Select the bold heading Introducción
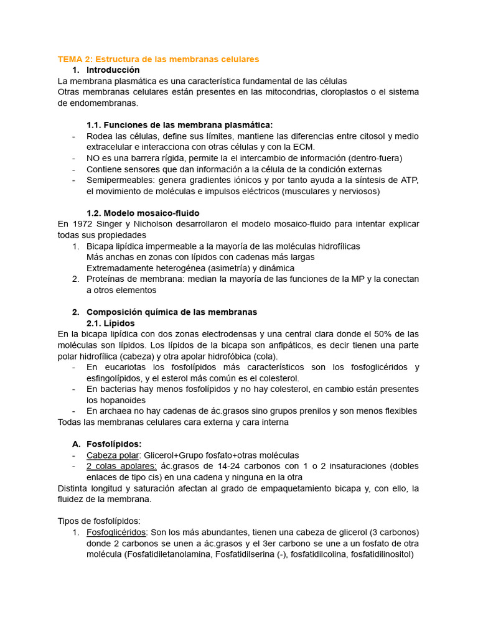point(113,70)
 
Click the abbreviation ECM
point(304,147)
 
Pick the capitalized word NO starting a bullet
point(93,158)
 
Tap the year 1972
point(82,224)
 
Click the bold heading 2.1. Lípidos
point(110,323)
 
